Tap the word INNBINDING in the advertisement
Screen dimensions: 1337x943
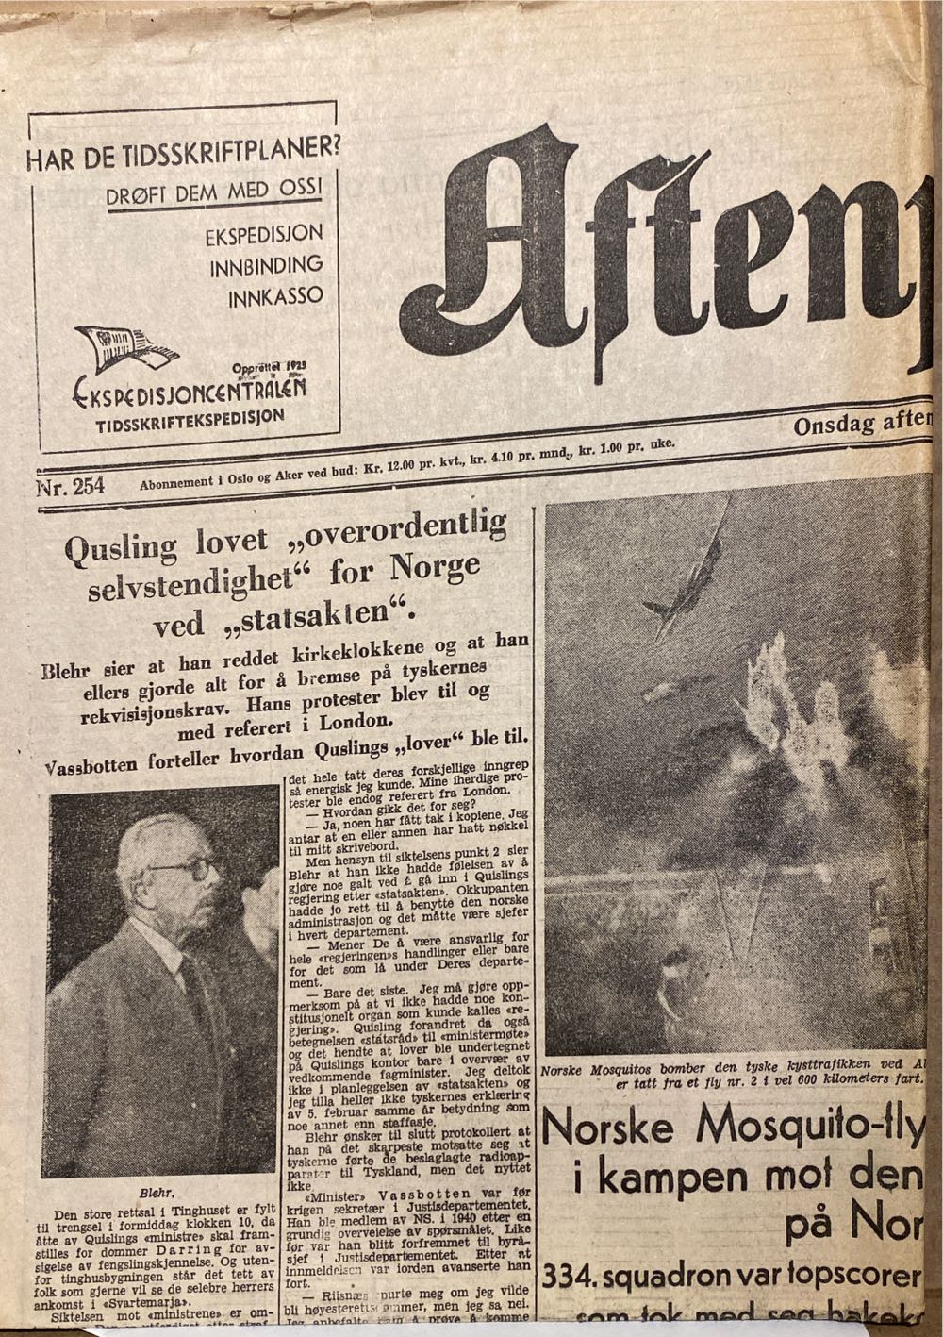coord(266,265)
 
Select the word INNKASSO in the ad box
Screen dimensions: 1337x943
coord(275,296)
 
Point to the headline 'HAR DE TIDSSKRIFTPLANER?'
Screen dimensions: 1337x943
coord(184,155)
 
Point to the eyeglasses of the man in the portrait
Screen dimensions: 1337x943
coord(185,869)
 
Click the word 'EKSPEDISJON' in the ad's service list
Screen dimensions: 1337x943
coord(264,235)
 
